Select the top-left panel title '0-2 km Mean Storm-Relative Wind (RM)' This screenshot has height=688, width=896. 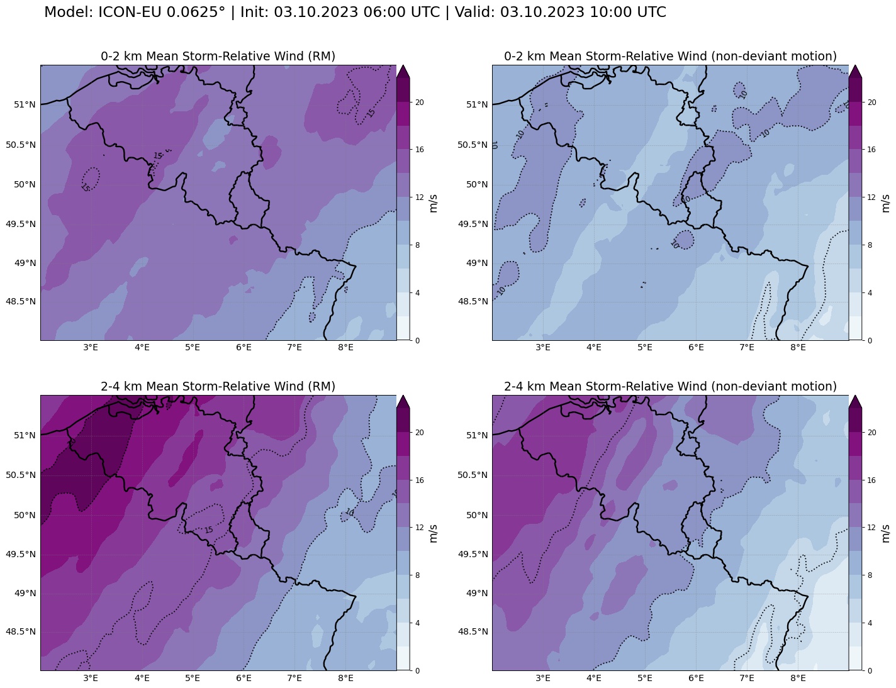click(x=218, y=57)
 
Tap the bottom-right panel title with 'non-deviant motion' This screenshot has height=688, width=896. click(x=670, y=387)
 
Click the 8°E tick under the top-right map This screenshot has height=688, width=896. click(x=798, y=347)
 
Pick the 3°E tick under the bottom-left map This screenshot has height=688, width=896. click(x=91, y=678)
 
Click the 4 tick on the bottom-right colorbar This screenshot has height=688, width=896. click(x=871, y=623)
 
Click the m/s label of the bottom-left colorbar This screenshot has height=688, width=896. click(x=433, y=533)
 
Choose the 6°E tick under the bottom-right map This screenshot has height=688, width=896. click(x=696, y=678)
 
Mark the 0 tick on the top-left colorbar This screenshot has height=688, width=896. click(x=417, y=340)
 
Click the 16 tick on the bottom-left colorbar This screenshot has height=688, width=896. click(x=419, y=480)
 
